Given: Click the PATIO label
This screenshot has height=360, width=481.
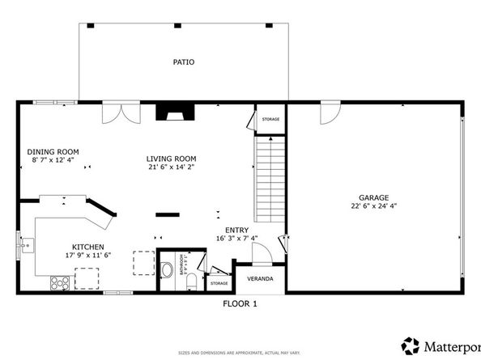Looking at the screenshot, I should [183, 62].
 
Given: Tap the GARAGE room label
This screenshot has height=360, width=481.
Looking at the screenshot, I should [374, 197].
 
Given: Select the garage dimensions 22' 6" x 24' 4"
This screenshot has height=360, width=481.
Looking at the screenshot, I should [374, 206].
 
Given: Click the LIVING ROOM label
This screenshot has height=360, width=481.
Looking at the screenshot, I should [171, 159].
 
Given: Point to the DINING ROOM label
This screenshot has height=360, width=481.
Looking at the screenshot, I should [53, 151].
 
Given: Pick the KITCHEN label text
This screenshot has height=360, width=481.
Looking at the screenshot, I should [88, 247].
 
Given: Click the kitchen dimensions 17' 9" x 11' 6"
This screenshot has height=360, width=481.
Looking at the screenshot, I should [88, 256].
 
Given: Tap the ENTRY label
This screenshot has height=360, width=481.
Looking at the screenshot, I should [236, 229].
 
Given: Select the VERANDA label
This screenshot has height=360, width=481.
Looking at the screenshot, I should [260, 279].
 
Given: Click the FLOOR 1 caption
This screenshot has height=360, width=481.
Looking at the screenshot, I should [240, 304].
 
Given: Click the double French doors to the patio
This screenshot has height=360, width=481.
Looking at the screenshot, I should [120, 113].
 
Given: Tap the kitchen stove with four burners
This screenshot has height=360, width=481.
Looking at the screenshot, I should [60, 282].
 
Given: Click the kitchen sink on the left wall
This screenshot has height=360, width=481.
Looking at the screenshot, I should [28, 243].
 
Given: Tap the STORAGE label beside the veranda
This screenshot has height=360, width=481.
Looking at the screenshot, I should [219, 283].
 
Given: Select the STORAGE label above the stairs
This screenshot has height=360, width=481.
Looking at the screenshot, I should [270, 120].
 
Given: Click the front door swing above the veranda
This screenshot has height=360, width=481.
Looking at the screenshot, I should [261, 254].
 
